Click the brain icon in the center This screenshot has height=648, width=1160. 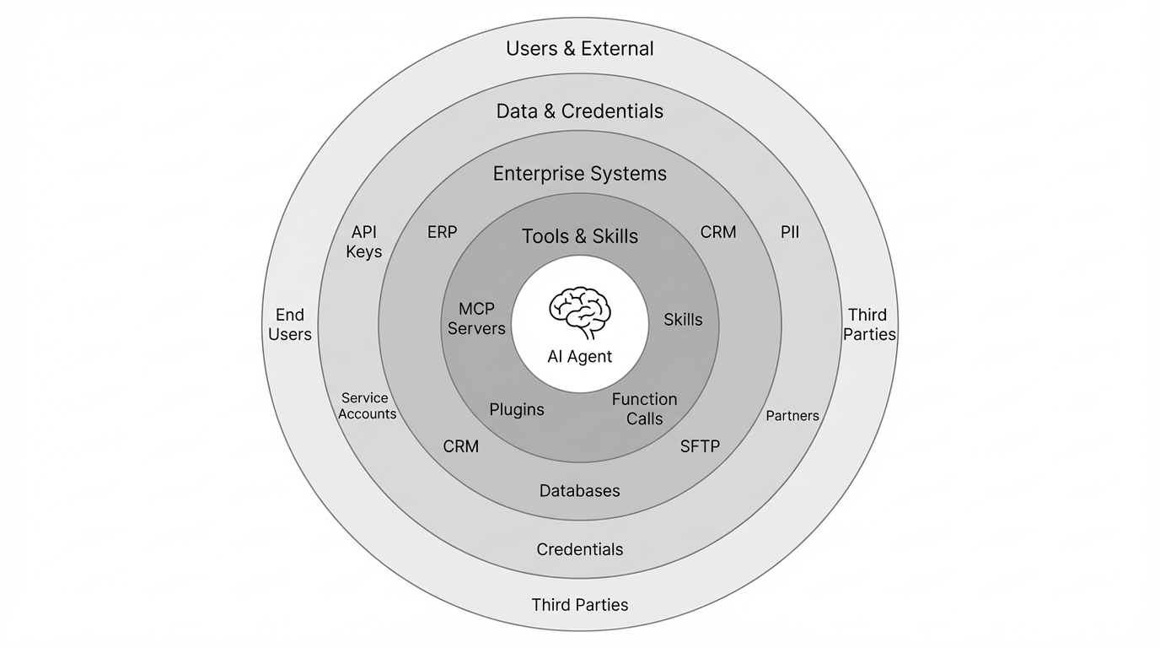(579, 312)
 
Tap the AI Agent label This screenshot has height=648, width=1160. (579, 357)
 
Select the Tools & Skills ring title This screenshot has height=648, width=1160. (579, 236)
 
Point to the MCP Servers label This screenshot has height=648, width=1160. (476, 319)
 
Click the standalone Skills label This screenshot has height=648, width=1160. (683, 320)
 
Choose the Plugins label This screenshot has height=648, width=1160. (517, 410)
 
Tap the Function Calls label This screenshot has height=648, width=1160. (645, 408)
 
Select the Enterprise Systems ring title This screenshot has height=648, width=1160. (579, 174)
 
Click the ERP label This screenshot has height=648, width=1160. (442, 232)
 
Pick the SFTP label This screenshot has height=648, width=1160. (700, 446)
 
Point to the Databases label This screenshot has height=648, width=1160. (579, 491)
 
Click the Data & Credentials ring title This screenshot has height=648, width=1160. (579, 111)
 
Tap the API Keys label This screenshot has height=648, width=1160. (364, 241)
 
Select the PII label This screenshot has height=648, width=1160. (790, 232)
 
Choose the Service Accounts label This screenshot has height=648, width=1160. (367, 406)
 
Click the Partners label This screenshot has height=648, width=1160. (792, 416)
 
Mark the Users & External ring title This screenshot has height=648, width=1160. (579, 49)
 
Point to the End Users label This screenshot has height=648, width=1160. (290, 325)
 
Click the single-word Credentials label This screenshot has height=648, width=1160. (579, 549)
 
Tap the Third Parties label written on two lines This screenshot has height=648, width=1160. (869, 325)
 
